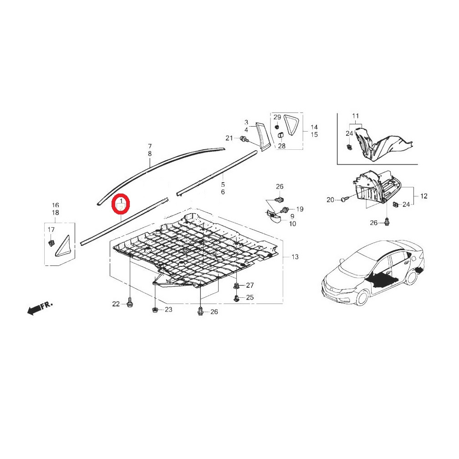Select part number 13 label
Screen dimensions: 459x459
click(295, 257)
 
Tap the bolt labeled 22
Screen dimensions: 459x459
click(129, 303)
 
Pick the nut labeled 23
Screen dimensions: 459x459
click(154, 310)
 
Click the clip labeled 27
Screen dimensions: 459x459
click(236, 286)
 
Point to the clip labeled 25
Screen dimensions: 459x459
click(236, 298)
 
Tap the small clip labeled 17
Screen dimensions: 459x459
click(51, 243)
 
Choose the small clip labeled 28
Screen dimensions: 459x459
click(280, 136)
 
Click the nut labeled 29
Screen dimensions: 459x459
click(277, 127)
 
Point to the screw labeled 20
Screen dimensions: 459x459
click(344, 199)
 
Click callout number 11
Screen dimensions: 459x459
click(355, 116)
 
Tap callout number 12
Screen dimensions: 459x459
click(423, 196)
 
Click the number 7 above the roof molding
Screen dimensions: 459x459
click(150, 146)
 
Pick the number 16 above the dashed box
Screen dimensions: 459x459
click(56, 205)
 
